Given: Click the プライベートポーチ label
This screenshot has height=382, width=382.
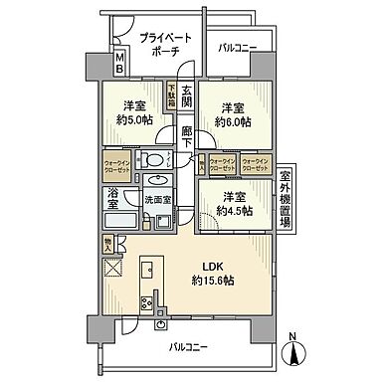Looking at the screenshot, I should (x=165, y=46).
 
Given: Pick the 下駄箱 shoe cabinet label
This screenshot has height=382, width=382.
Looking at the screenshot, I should (x=170, y=96).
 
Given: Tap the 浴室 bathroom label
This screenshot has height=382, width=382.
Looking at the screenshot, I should (x=112, y=201).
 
